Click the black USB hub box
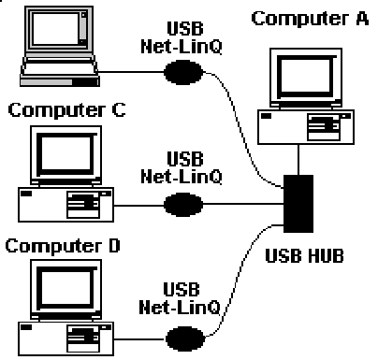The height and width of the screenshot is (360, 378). coord(298,204)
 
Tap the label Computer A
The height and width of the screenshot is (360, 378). coord(310,19)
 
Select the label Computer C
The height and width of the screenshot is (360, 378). coord(66,110)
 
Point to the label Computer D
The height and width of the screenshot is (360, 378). coord(63,246)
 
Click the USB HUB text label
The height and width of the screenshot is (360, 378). coord(304,255)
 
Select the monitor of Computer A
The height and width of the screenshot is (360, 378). coord(306,78)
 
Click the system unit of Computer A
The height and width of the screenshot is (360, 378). coord(306,127)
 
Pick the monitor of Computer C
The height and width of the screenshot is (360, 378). coord(65,156)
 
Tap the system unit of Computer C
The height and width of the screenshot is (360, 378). coord(65,205)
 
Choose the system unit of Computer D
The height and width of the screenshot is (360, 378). coord(65,338)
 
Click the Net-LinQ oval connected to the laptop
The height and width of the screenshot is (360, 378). coord(183,72)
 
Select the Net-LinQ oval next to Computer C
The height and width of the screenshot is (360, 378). coord(183,205)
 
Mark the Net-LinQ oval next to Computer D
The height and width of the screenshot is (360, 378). coord(185,338)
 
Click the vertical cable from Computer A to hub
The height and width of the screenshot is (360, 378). coord(298,160)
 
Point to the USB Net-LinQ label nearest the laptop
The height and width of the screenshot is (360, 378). coord(182,37)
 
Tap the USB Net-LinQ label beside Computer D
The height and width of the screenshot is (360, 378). coord(180,298)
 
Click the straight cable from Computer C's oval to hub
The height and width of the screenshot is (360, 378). coord(243,204)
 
